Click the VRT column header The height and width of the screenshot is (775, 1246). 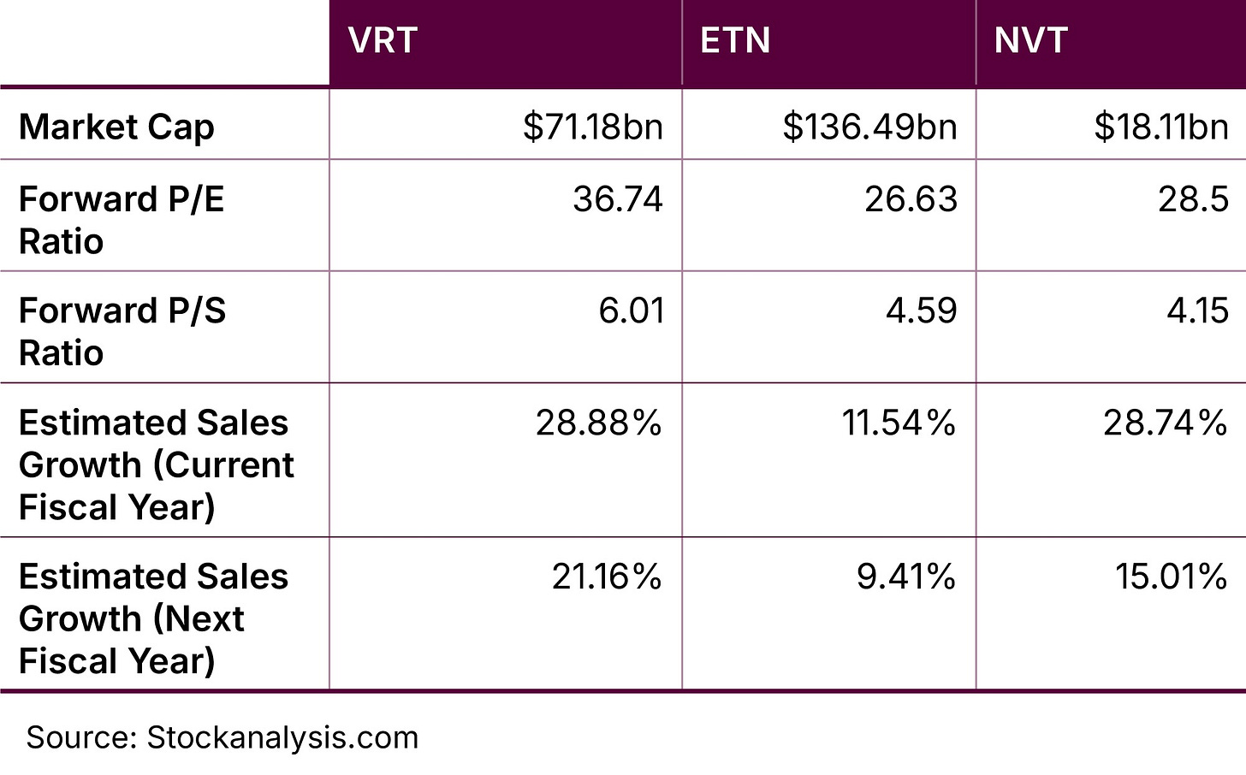click(x=383, y=41)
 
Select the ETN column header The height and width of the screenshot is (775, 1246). click(x=735, y=41)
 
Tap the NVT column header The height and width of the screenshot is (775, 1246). click(x=1030, y=41)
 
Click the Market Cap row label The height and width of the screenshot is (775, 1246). click(x=116, y=127)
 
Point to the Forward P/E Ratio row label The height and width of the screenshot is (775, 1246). click(x=121, y=220)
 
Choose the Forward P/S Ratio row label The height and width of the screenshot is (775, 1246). click(x=122, y=331)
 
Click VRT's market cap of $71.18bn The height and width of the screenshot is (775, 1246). click(x=592, y=127)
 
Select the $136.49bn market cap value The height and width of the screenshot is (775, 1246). click(x=869, y=127)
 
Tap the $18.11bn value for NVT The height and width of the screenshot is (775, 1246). click(x=1160, y=127)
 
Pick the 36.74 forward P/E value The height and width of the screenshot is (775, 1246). click(x=617, y=199)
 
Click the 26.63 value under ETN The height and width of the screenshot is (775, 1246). click(x=911, y=199)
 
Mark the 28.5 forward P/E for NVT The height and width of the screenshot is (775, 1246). click(x=1193, y=199)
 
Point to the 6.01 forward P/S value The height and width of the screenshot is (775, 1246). click(x=631, y=311)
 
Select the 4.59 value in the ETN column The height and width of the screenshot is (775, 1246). click(x=921, y=311)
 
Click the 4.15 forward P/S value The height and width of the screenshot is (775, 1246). click(x=1197, y=311)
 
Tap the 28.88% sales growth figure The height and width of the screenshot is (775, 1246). click(x=598, y=423)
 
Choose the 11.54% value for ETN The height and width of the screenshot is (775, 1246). click(x=898, y=423)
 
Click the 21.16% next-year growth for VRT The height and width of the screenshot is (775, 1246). click(x=606, y=577)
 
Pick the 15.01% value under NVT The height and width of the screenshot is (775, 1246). click(x=1170, y=577)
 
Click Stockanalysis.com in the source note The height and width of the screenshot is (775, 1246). click(x=282, y=737)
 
